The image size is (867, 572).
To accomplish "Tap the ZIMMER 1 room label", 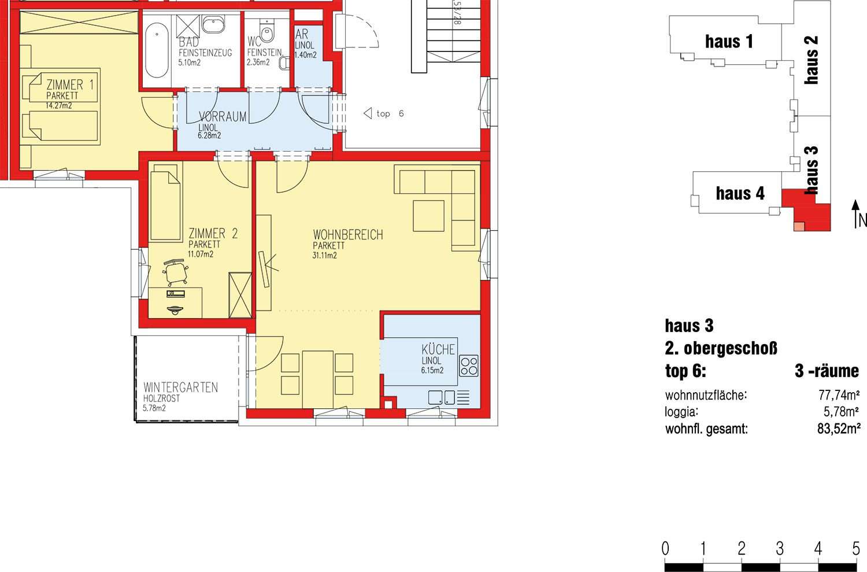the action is click(x=70, y=84).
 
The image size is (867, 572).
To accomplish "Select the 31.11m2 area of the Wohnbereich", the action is click(x=324, y=255).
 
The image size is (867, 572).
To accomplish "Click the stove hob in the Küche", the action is click(x=469, y=366).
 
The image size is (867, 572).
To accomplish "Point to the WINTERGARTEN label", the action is click(x=180, y=388).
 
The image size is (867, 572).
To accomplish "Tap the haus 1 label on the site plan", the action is click(x=729, y=42).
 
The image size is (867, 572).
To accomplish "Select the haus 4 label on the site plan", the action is click(x=740, y=193).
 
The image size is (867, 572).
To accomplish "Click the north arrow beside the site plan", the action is click(x=855, y=213).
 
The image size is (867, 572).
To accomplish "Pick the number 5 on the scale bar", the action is click(x=856, y=548).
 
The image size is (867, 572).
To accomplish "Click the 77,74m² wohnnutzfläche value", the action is click(x=839, y=396).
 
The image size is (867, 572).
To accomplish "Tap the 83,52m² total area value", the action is click(x=839, y=429).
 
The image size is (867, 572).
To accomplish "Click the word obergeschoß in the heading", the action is click(x=731, y=349).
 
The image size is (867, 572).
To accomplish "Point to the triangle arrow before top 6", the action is click(x=368, y=113).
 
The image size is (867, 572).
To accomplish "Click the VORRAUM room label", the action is click(x=223, y=116).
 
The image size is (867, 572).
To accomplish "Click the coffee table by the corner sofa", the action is click(x=428, y=216).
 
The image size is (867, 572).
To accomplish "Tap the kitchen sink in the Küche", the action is click(x=442, y=397).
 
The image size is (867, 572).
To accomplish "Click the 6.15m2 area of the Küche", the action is click(x=432, y=370).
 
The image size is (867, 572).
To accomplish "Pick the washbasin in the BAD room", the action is click(x=212, y=26).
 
